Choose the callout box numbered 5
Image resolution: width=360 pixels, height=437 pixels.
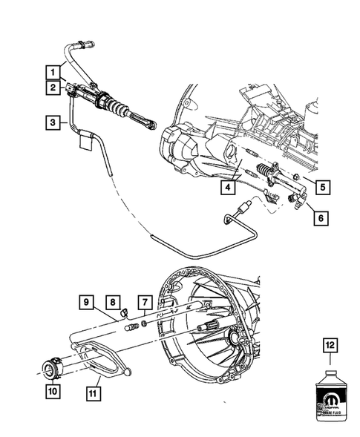(x=320, y=186)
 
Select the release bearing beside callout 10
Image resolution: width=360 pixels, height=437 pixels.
(x=51, y=367)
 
